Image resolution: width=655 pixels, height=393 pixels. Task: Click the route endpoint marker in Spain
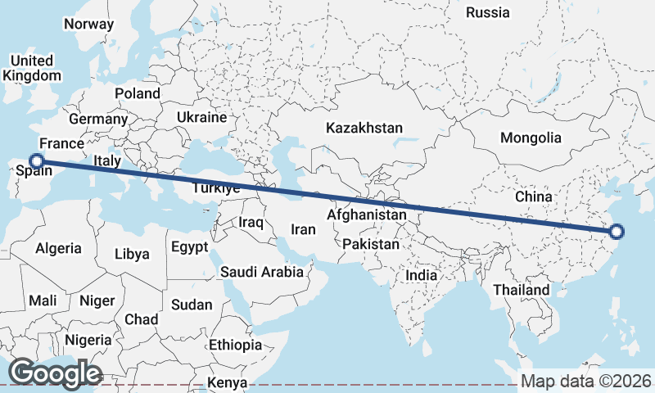click(x=37, y=161)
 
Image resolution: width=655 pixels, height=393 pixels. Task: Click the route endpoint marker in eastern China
click(x=617, y=232)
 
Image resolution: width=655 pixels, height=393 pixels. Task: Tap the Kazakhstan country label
click(x=364, y=129)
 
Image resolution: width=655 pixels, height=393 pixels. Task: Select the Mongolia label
click(x=531, y=138)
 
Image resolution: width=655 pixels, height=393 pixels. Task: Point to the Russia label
click(x=488, y=12)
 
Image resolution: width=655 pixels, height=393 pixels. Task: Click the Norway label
click(x=88, y=24)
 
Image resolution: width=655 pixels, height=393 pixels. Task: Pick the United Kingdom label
click(x=32, y=68)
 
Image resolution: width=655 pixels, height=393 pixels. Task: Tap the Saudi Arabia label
click(x=261, y=272)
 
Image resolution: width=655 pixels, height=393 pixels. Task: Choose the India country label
click(x=422, y=275)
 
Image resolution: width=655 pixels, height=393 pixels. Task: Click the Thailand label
click(x=522, y=290)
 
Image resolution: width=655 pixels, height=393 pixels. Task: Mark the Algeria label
click(x=58, y=247)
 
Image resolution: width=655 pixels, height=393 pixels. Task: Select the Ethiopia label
click(x=235, y=345)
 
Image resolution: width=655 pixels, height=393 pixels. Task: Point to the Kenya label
click(x=228, y=382)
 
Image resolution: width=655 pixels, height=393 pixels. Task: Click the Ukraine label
click(x=201, y=117)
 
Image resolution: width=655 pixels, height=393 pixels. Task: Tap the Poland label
click(x=138, y=93)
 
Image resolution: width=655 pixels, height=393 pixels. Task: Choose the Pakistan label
click(x=371, y=244)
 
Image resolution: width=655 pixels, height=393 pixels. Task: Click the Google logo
click(x=55, y=373)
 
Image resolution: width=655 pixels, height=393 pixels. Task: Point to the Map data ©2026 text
click(x=586, y=382)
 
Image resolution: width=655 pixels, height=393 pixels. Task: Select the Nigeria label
click(x=88, y=339)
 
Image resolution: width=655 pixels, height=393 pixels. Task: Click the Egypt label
click(x=190, y=246)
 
